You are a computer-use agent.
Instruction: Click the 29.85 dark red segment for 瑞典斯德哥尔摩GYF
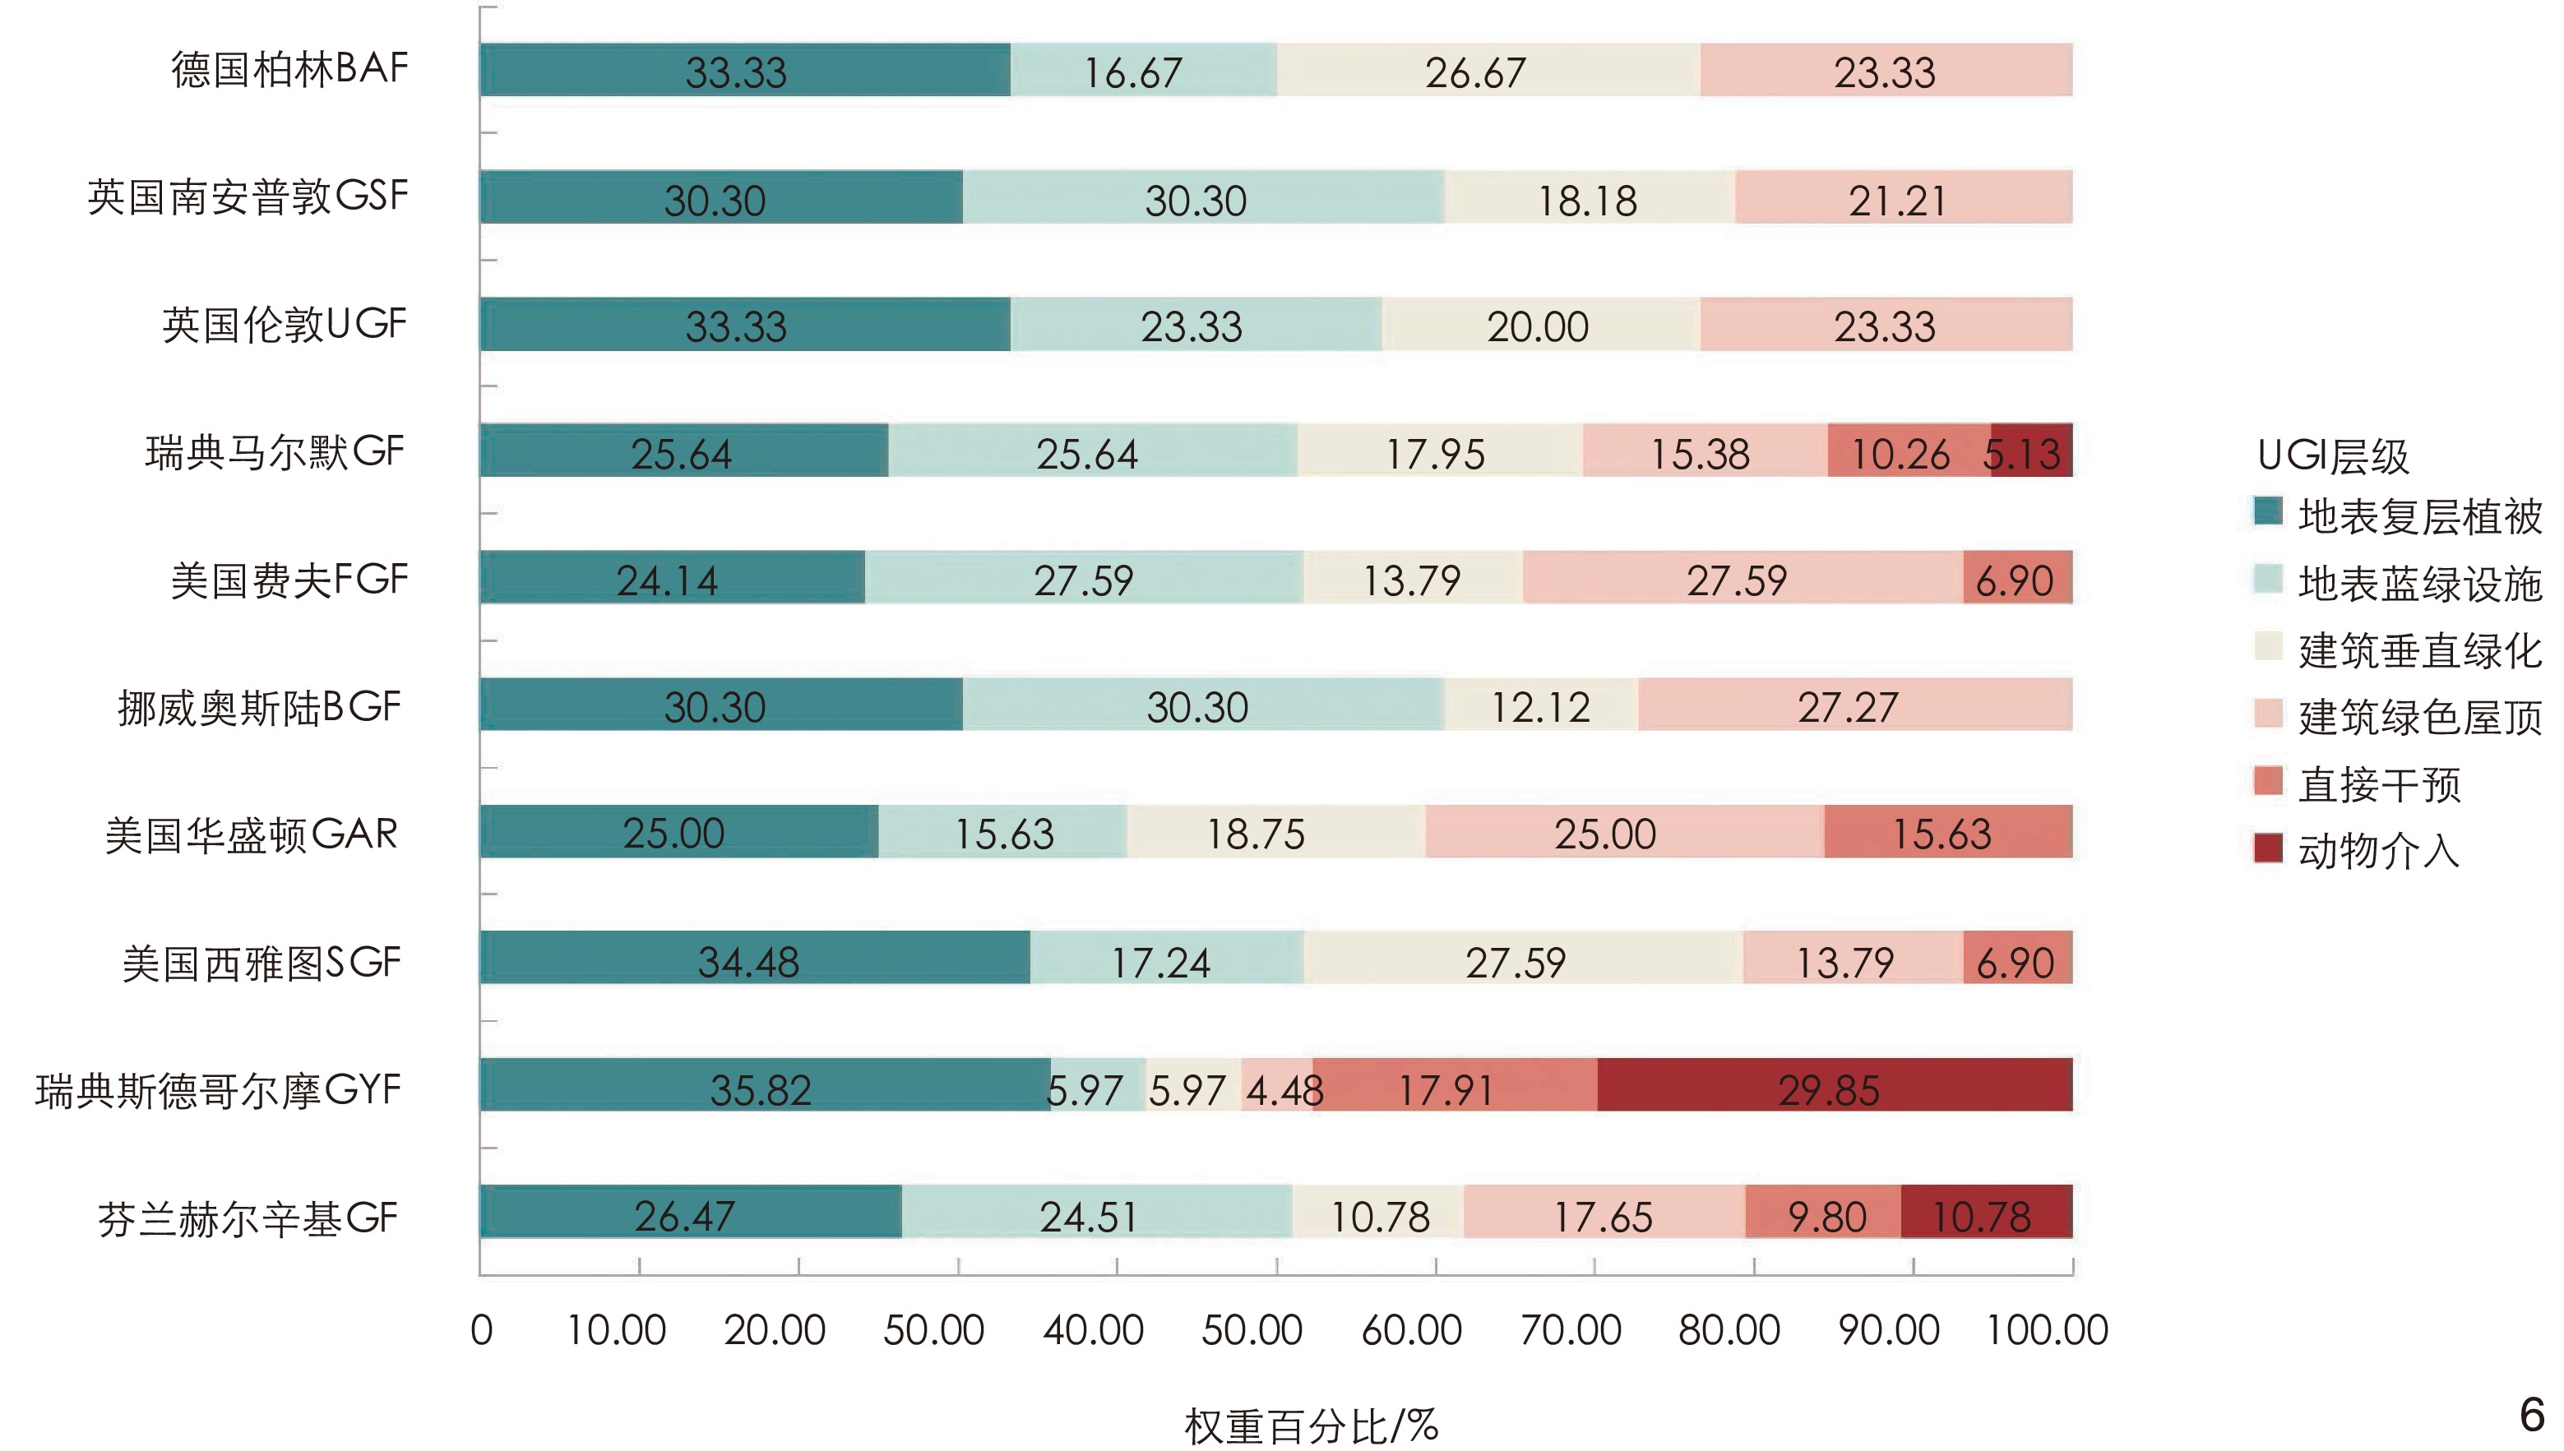click(1834, 1084)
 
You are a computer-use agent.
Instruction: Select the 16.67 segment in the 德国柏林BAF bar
click(1143, 70)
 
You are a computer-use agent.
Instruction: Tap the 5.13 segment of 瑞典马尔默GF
click(2032, 451)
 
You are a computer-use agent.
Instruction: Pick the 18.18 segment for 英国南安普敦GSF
click(1589, 197)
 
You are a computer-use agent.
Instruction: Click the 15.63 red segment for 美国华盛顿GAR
click(1947, 831)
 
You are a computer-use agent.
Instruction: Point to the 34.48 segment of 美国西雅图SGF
click(754, 958)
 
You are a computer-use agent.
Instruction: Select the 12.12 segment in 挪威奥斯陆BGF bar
click(1540, 705)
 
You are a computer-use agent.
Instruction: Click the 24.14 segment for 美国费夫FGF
click(672, 577)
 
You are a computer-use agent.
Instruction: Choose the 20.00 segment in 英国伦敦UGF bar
click(1539, 324)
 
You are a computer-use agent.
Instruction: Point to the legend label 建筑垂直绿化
click(2418, 651)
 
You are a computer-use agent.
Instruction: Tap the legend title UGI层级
click(2332, 455)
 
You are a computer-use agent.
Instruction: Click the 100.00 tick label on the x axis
click(2047, 1330)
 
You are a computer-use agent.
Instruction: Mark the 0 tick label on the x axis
click(481, 1330)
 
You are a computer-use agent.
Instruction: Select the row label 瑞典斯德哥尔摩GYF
click(218, 1089)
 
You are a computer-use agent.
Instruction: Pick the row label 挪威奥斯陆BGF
click(259, 706)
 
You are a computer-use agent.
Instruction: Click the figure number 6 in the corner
click(2531, 1414)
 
